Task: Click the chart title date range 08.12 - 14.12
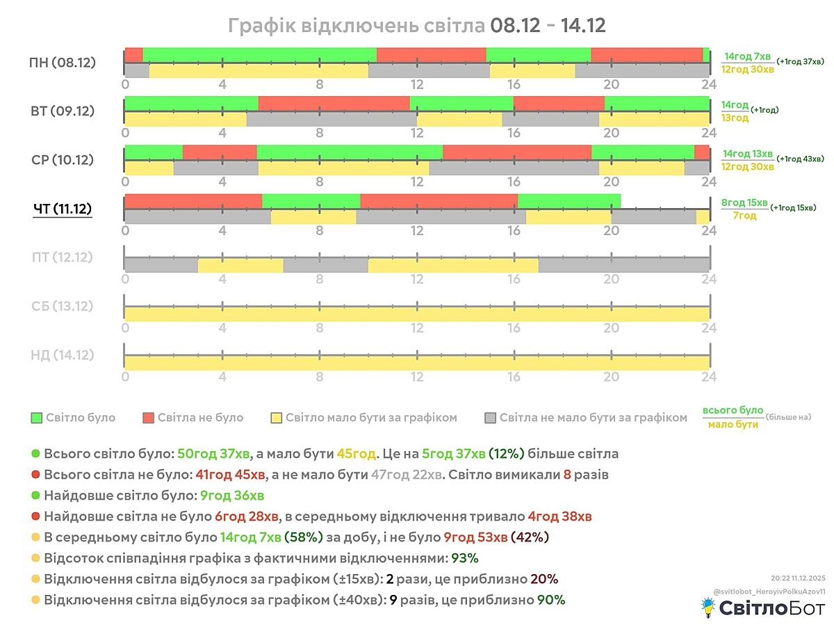pyautogui.click(x=548, y=26)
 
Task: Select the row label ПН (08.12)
pyautogui.click(x=63, y=63)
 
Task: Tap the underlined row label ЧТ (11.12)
pyautogui.click(x=63, y=209)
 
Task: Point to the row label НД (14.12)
pyautogui.click(x=63, y=355)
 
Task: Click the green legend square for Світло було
pyautogui.click(x=37, y=418)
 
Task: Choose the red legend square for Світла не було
pyautogui.click(x=148, y=418)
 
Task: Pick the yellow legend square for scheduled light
pyautogui.click(x=276, y=418)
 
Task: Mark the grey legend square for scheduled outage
pyautogui.click(x=490, y=418)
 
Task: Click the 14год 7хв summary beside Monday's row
pyautogui.click(x=747, y=56)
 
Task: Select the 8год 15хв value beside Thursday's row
pyautogui.click(x=744, y=203)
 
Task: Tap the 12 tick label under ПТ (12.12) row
pyautogui.click(x=417, y=279)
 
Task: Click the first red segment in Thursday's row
pyautogui.click(x=193, y=201)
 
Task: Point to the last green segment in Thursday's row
pyautogui.click(x=569, y=201)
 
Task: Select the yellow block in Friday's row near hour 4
pyautogui.click(x=240, y=265)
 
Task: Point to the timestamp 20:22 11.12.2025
pyautogui.click(x=798, y=578)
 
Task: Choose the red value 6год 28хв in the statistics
pyautogui.click(x=247, y=516)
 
